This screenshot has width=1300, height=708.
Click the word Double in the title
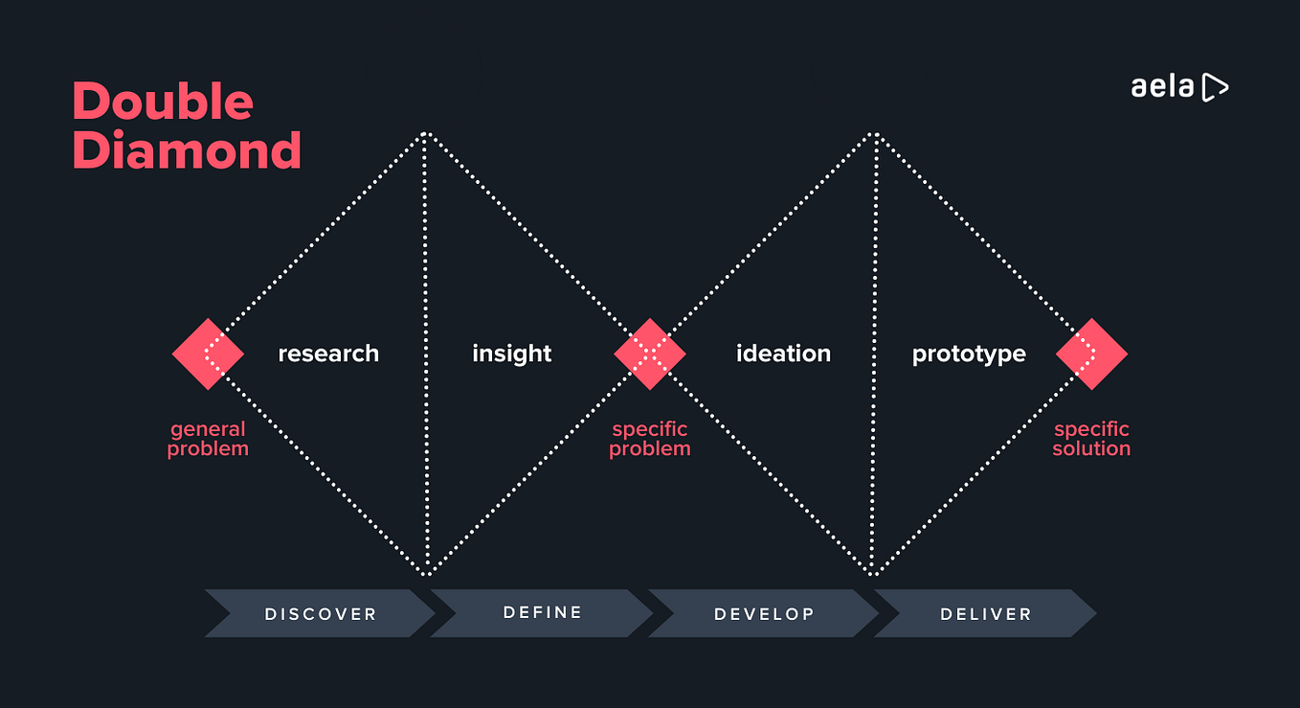tap(163, 102)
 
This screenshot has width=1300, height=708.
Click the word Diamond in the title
tap(187, 150)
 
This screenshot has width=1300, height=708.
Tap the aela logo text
tap(1162, 87)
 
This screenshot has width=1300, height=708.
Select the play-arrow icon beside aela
tap(1214, 87)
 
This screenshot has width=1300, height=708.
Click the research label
tap(328, 354)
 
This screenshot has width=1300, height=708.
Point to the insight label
tap(511, 354)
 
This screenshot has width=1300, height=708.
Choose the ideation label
tap(783, 354)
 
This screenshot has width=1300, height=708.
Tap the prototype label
tap(969, 354)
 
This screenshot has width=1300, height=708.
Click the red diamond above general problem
tap(208, 354)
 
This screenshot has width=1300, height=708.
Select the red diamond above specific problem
tap(649, 354)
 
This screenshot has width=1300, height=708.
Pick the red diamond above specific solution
tap(1091, 354)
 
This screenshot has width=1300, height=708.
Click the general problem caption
tap(208, 439)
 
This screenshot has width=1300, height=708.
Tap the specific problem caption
tap(649, 439)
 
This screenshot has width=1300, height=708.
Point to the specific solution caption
tap(1091, 439)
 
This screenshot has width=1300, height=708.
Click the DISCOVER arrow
tap(320, 614)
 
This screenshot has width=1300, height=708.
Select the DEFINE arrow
tap(542, 612)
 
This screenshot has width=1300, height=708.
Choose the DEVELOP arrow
tap(764, 614)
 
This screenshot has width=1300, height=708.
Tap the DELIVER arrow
tap(985, 614)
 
